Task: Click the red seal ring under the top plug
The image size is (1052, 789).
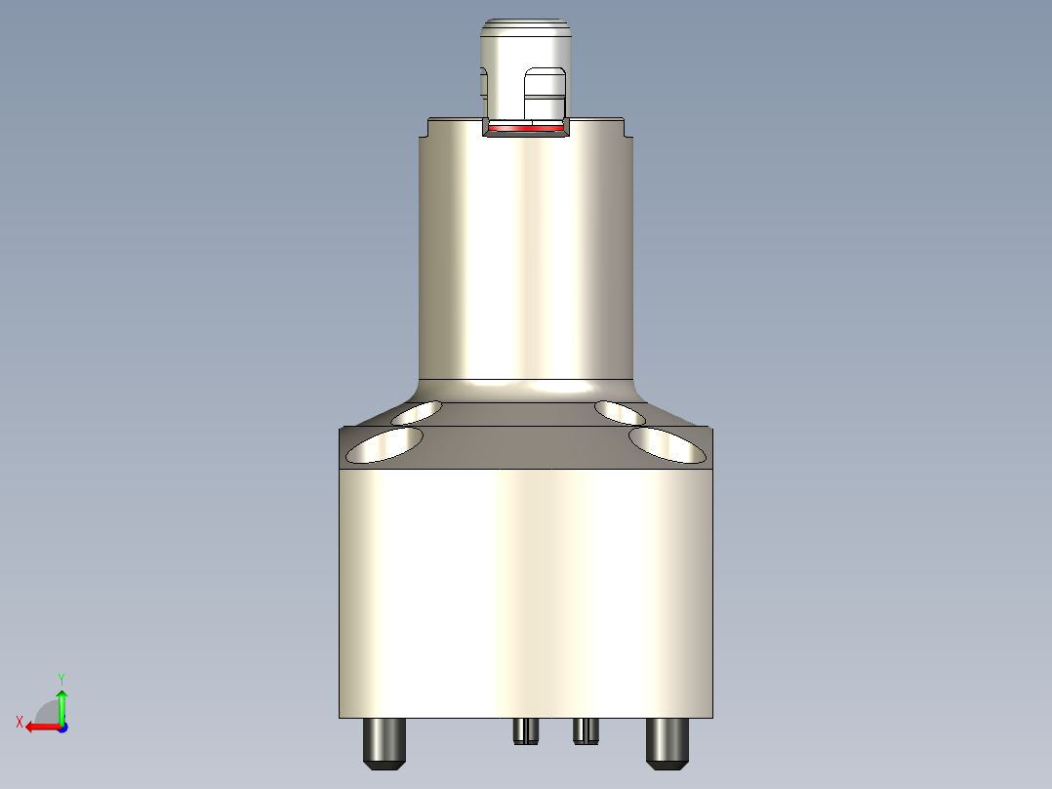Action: click(x=526, y=128)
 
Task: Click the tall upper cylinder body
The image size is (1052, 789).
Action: click(x=527, y=254)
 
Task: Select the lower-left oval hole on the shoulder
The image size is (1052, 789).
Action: click(x=384, y=444)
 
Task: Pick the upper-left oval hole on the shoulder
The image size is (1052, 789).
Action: click(x=416, y=412)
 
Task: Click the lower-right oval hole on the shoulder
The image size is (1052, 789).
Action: click(x=668, y=444)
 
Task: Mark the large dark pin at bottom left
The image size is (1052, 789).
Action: click(x=384, y=743)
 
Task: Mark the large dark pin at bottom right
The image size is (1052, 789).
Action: click(x=668, y=742)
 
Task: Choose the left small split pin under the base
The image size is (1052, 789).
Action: click(x=526, y=730)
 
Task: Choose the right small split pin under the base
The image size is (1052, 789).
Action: click(x=585, y=729)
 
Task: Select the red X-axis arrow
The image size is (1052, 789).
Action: click(x=40, y=727)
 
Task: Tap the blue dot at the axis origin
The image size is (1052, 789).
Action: click(x=62, y=727)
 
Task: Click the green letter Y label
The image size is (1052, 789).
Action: click(x=61, y=678)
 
